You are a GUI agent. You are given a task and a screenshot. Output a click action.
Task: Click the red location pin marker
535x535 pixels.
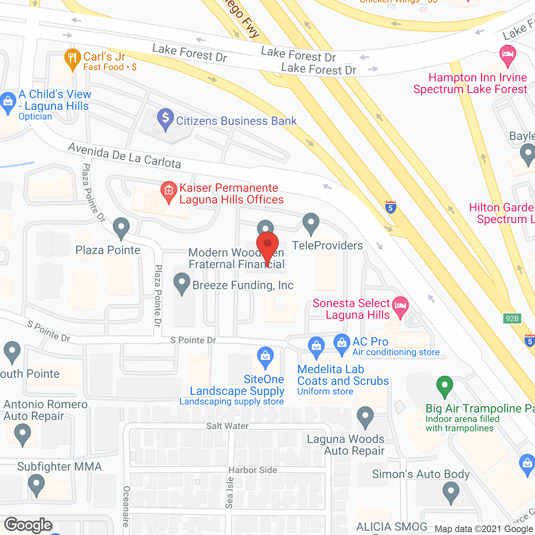point(267,245)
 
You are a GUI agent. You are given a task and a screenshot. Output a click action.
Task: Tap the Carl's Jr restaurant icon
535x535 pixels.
point(73,59)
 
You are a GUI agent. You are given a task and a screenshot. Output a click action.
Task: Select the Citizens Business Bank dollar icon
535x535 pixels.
point(166,118)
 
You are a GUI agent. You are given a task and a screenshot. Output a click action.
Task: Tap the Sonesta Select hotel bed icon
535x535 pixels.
point(400,306)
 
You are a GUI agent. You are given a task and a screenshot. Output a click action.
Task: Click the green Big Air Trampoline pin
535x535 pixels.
point(444,386)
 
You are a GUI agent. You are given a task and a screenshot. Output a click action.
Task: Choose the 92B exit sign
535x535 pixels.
point(512,318)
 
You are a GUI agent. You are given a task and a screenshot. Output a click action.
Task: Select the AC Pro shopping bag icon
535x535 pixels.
point(342,344)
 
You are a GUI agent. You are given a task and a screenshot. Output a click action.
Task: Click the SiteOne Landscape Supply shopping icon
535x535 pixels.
point(265,357)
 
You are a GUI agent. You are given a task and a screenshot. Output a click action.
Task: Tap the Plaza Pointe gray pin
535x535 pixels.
point(121,227)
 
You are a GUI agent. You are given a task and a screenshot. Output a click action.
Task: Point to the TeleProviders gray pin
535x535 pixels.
point(311,222)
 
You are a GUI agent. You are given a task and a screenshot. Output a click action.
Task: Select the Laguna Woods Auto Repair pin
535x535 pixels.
point(365,416)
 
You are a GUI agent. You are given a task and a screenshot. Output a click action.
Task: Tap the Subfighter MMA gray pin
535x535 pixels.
point(36,485)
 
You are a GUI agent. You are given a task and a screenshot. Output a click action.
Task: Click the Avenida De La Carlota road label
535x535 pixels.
point(125,155)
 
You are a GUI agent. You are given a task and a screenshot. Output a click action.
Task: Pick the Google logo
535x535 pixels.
point(28,525)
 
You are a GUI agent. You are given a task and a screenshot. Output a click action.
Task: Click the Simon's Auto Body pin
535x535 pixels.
point(451,492)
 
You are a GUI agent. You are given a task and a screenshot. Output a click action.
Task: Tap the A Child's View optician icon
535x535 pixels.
point(8,102)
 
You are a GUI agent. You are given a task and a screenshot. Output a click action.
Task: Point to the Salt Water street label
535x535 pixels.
point(227,426)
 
